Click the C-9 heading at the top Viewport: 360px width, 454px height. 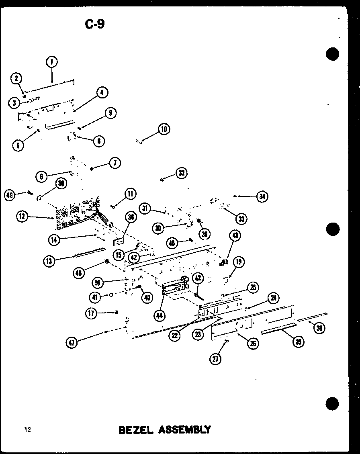[x=95, y=24]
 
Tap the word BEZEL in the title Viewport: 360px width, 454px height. [x=136, y=430]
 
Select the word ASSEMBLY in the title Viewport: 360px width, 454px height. [x=184, y=430]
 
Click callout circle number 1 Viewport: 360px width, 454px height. [x=52, y=62]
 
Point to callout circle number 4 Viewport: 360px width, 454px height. [x=102, y=92]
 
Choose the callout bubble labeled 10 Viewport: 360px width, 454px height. [x=164, y=129]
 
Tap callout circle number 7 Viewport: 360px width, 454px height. [x=115, y=163]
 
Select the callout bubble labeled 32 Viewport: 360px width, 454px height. [x=182, y=173]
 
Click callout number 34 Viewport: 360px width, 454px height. [x=262, y=196]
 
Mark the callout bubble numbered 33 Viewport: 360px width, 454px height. [x=241, y=219]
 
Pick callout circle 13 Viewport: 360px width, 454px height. [x=49, y=261]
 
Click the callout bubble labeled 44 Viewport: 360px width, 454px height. [x=160, y=316]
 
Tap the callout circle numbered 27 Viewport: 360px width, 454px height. [x=216, y=359]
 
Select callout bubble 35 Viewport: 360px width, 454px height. [x=298, y=342]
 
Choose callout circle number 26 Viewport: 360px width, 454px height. [x=253, y=343]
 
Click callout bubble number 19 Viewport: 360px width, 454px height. [x=239, y=262]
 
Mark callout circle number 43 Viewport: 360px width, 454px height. [x=235, y=235]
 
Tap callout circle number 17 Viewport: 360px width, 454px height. [x=92, y=313]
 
